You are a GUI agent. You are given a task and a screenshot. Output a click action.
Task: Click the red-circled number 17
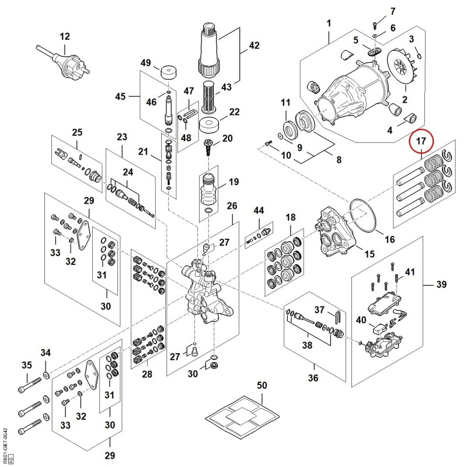[421, 141]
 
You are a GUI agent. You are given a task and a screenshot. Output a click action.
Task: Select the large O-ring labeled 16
[363, 215]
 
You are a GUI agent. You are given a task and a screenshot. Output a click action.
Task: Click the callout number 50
[262, 385]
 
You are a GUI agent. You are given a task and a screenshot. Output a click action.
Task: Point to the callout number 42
[254, 46]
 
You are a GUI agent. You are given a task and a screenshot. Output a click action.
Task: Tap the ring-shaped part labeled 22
[210, 126]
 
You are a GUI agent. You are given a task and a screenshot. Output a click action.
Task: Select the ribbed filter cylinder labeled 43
[210, 97]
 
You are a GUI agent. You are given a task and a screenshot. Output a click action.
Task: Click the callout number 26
[232, 206]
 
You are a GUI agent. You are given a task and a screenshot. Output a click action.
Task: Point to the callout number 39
[441, 284]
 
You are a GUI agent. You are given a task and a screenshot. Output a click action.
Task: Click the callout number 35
[27, 365]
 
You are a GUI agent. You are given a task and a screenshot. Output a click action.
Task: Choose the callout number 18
[290, 217]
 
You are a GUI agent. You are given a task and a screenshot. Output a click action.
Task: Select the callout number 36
[313, 378]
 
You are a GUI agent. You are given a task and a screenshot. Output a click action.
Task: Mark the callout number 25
[77, 133]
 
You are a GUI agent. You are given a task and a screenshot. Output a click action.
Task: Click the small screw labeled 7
[375, 26]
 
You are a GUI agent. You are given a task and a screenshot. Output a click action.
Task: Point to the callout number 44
[259, 211]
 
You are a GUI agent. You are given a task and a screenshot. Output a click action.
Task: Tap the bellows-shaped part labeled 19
[209, 191]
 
